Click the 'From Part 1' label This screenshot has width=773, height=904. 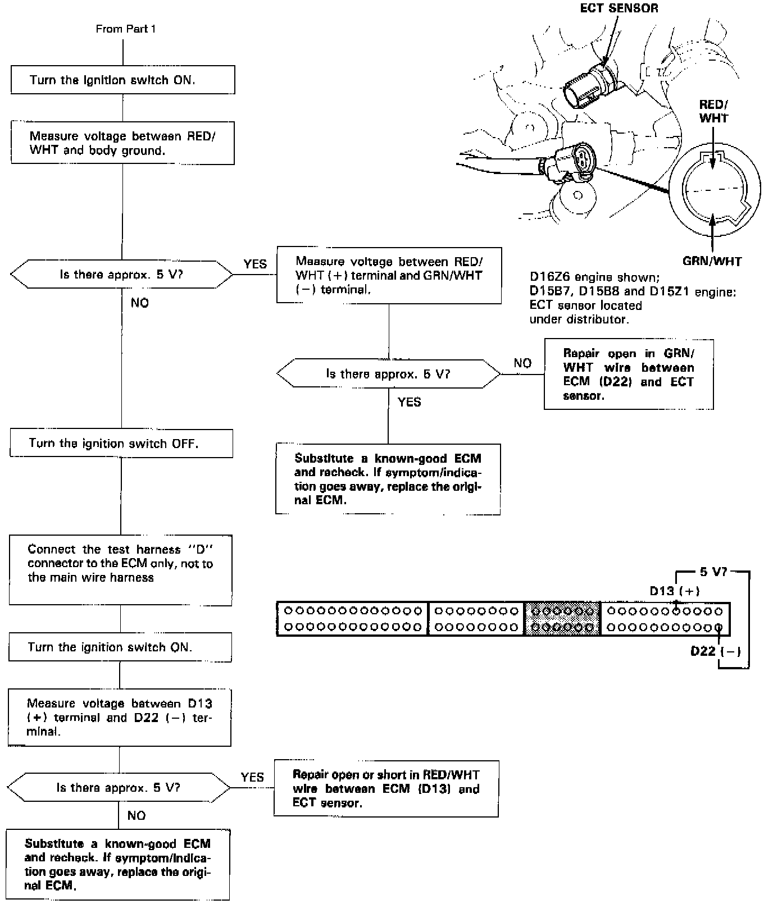[x=125, y=29]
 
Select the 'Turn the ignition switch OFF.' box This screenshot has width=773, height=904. [x=121, y=444]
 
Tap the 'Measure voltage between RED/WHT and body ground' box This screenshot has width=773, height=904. [x=122, y=143]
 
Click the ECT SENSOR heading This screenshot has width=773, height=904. [x=619, y=8]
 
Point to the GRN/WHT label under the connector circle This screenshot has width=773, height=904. [x=712, y=261]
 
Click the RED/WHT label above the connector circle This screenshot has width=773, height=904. [x=713, y=111]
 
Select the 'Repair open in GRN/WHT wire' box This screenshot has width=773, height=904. [x=629, y=375]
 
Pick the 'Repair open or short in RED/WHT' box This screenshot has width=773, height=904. [x=386, y=788]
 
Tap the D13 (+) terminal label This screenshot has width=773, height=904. [x=674, y=591]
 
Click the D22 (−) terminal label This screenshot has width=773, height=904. [x=715, y=651]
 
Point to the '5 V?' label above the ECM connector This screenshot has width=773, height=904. [x=713, y=572]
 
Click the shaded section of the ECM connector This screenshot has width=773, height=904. [x=562, y=619]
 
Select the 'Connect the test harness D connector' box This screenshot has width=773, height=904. [x=120, y=570]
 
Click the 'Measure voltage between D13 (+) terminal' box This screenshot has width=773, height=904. [x=119, y=718]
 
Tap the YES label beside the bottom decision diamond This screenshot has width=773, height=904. [x=252, y=777]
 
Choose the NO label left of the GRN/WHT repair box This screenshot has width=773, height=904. [x=522, y=363]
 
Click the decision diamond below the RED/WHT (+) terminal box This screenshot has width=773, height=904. [x=388, y=374]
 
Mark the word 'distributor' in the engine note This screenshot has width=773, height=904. [x=597, y=319]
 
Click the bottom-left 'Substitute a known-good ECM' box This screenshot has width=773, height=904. [x=118, y=864]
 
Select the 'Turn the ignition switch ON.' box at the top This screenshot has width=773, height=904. [x=122, y=80]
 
